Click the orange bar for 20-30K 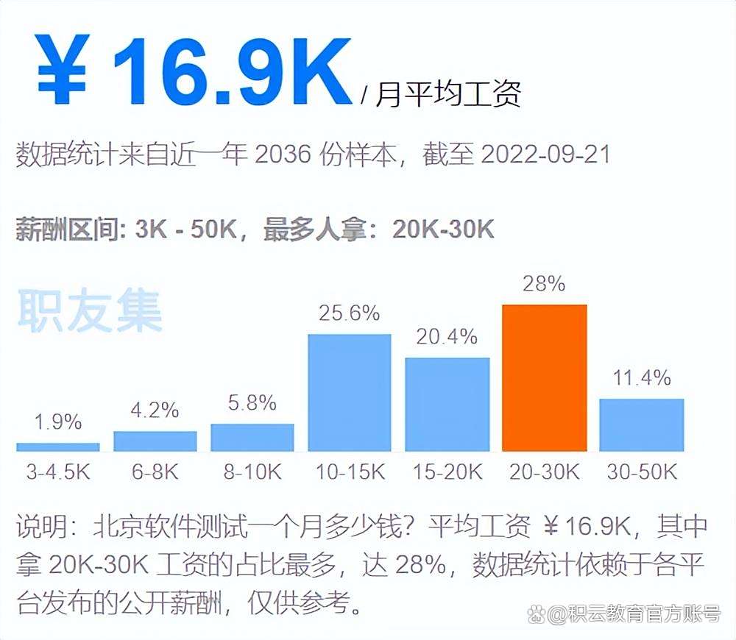pyautogui.click(x=545, y=377)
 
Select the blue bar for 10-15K pyautogui.click(x=350, y=392)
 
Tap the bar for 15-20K pyautogui.click(x=447, y=404)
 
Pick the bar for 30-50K pyautogui.click(x=642, y=424)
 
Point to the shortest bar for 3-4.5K pyautogui.click(x=57, y=447)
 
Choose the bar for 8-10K pyautogui.click(x=252, y=437)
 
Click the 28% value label pyautogui.click(x=545, y=283)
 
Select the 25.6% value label pyautogui.click(x=350, y=313)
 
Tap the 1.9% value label pyautogui.click(x=57, y=422)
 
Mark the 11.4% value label pyautogui.click(x=642, y=378)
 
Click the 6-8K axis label pyautogui.click(x=155, y=472)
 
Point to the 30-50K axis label pyautogui.click(x=642, y=472)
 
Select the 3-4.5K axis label pyautogui.click(x=57, y=472)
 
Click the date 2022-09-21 pyautogui.click(x=545, y=155)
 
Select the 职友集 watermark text pyautogui.click(x=89, y=312)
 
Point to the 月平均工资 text pyautogui.click(x=448, y=94)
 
